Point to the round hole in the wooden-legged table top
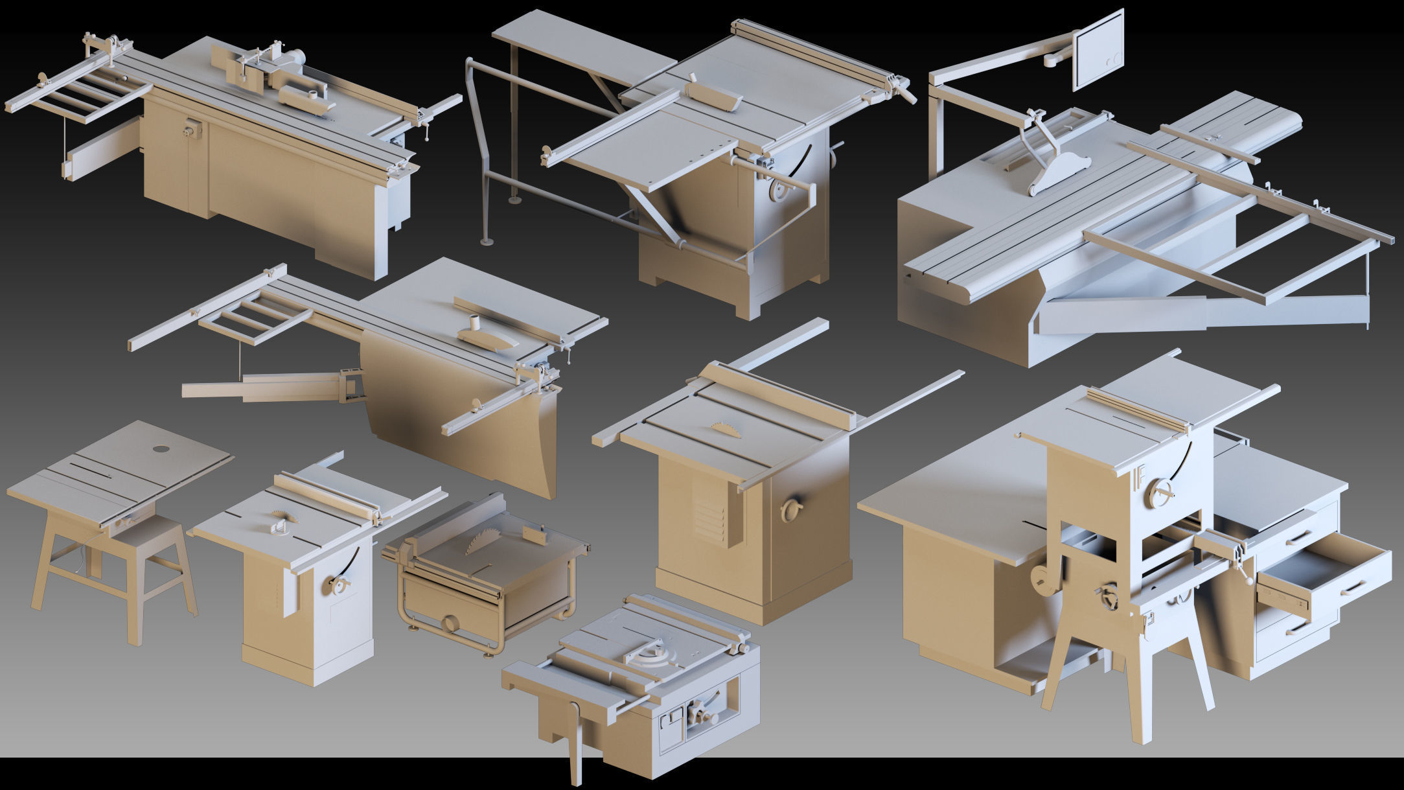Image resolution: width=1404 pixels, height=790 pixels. point(159,448)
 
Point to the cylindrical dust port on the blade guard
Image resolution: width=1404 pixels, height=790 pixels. point(473,321)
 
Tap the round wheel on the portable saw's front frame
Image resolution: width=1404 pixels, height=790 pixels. point(448,624)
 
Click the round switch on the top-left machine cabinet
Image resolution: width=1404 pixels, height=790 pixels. point(190,130)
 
